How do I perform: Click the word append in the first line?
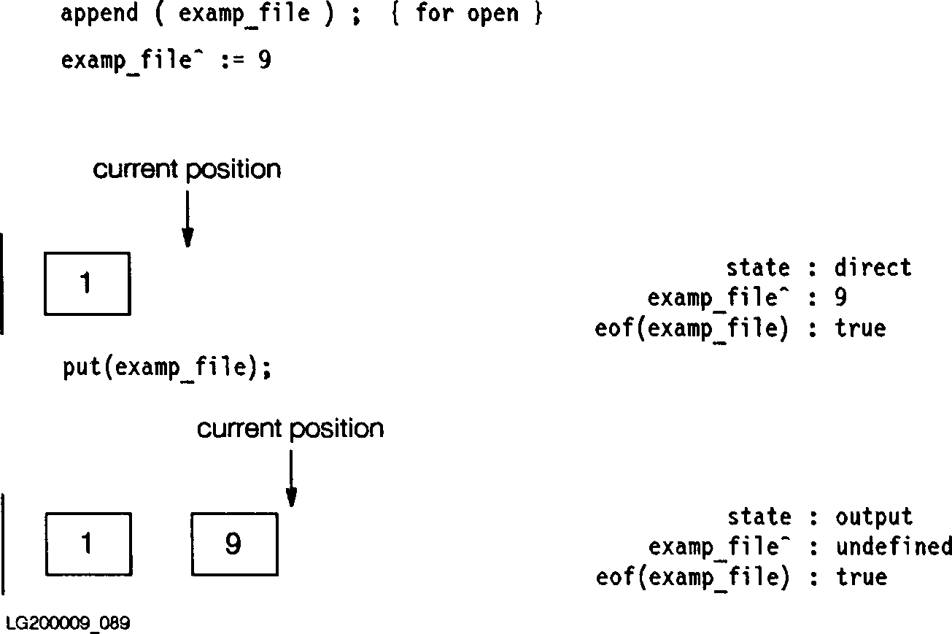[99, 14]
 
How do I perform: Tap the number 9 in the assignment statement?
[264, 60]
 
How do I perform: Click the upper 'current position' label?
[187, 169]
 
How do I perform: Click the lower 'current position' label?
[290, 428]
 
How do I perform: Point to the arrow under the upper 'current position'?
[187, 219]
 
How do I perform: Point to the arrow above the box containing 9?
[291, 478]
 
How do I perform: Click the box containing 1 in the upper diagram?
[88, 284]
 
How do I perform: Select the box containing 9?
[234, 544]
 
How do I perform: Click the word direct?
[872, 268]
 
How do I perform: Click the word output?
[873, 517]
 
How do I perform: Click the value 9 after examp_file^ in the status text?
[840, 298]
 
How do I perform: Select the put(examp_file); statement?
[167, 368]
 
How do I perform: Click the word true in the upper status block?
[860, 328]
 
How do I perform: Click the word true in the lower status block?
[861, 577]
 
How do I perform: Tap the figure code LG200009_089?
[68, 623]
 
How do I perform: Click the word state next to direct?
[758, 268]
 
